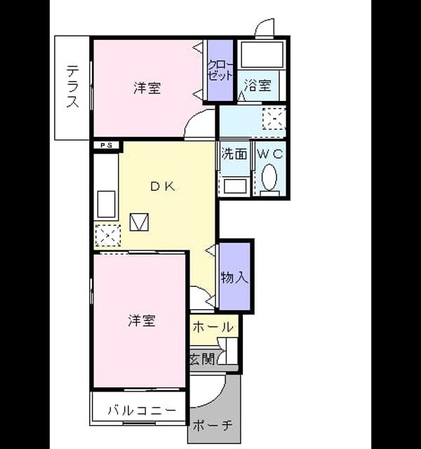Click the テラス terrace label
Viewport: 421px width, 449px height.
click(x=72, y=86)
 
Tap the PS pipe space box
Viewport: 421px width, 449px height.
click(x=106, y=145)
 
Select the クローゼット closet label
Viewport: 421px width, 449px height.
click(x=220, y=70)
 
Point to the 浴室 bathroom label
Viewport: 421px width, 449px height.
click(x=258, y=86)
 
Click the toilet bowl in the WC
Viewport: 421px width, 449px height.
click(x=269, y=177)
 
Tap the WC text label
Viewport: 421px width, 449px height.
click(x=270, y=154)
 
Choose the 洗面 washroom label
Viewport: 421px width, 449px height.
click(x=234, y=154)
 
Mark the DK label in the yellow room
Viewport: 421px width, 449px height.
click(x=163, y=187)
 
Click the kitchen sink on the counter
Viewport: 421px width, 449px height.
click(x=106, y=204)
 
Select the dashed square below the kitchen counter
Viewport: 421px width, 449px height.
click(x=108, y=236)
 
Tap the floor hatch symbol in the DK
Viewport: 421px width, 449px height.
click(x=139, y=222)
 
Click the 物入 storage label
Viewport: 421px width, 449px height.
click(x=234, y=277)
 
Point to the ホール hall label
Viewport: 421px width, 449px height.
click(x=213, y=327)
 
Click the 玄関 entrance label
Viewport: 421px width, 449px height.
click(x=203, y=358)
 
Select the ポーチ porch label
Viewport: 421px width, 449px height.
click(x=212, y=426)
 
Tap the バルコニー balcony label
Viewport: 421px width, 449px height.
click(x=142, y=410)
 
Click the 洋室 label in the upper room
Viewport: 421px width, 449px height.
click(x=147, y=88)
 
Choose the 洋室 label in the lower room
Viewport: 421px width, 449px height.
click(x=142, y=321)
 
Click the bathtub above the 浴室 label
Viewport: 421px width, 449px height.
click(x=262, y=55)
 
